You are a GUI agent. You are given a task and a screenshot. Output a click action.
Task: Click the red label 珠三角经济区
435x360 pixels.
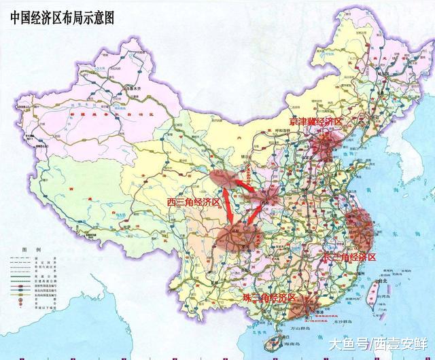pyautogui.click(x=270, y=298)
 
